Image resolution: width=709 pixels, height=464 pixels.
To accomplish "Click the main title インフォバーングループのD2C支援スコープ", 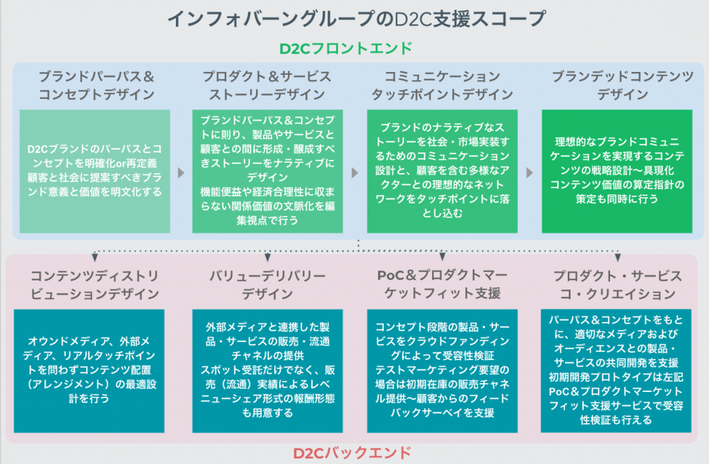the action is coord(357,19).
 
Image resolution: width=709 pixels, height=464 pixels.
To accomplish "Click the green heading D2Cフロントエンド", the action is coord(346,48).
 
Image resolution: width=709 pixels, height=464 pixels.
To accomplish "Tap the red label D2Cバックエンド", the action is coord(352,453).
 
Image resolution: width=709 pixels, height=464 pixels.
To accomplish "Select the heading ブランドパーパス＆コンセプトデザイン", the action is coord(96,85).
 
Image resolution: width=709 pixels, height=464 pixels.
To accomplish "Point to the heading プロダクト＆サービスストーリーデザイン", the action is coord(267,85).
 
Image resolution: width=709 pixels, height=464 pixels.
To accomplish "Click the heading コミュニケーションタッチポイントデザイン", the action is coord(442,85).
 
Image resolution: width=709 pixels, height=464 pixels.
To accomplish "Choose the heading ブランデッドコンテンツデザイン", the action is coord(622,85).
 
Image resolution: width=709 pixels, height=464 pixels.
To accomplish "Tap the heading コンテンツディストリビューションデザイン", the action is coord(94,285).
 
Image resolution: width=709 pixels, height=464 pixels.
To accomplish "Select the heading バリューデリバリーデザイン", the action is coord(267,285).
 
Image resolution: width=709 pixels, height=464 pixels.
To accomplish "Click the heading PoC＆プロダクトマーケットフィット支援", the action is coord(442,284).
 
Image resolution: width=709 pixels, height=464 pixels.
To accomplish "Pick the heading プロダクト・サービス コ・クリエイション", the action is coord(618,285).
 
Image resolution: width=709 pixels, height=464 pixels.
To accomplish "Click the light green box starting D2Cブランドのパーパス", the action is coord(94,171).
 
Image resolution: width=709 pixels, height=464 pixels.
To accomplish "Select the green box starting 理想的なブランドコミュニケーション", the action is coord(617,171).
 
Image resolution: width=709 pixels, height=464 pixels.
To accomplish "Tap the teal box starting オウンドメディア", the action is coord(89,371).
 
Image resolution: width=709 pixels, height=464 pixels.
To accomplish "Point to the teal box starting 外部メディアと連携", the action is coord(267,371).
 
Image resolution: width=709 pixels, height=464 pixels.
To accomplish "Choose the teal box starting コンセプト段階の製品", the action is coord(442,371).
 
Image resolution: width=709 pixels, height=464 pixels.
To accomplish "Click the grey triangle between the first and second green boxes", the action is coord(181,172).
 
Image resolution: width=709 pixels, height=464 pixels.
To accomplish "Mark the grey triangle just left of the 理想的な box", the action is coord(530,172).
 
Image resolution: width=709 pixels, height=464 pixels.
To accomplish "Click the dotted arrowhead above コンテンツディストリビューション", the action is coord(94,258).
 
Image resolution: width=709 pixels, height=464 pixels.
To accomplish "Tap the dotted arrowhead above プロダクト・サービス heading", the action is coord(618,258).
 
